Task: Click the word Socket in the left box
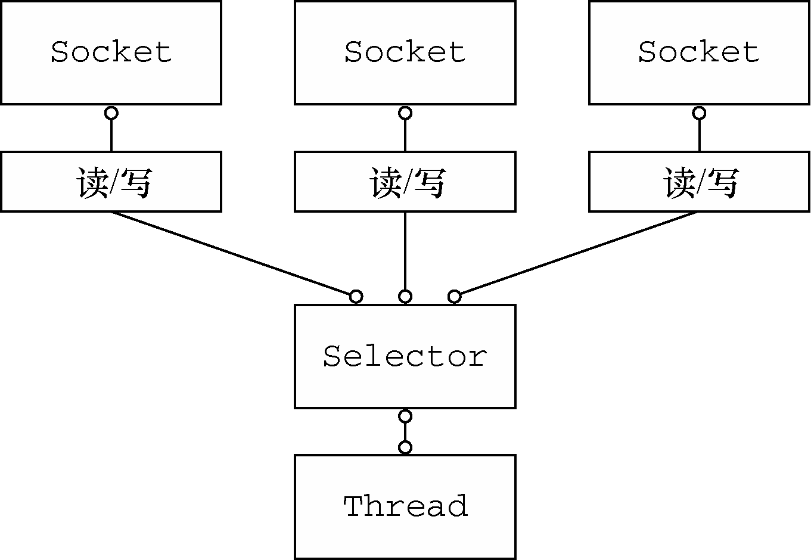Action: pyautogui.click(x=111, y=52)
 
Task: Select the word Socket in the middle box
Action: pyautogui.click(x=405, y=52)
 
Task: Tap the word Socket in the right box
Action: pyautogui.click(x=698, y=52)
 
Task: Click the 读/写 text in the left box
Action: pyautogui.click(x=114, y=182)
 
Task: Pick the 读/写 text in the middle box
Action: pyautogui.click(x=408, y=182)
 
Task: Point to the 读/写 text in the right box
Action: pyautogui.click(x=701, y=182)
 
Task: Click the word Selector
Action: pyautogui.click(x=405, y=356)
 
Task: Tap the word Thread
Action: pyautogui.click(x=405, y=506)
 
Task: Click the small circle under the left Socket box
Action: pyautogui.click(x=111, y=113)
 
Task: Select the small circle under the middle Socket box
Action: pyautogui.click(x=405, y=113)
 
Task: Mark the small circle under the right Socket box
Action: pyautogui.click(x=699, y=113)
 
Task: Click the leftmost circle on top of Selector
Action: pyautogui.click(x=356, y=297)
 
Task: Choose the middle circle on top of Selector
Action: pyautogui.click(x=405, y=297)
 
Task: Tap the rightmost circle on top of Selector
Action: pyautogui.click(x=455, y=297)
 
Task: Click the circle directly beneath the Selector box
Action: pyautogui.click(x=405, y=416)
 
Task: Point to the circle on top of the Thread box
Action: pyautogui.click(x=405, y=447)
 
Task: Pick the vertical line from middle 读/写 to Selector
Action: pyautogui.click(x=405, y=251)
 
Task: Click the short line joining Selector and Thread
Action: pyautogui.click(x=405, y=432)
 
